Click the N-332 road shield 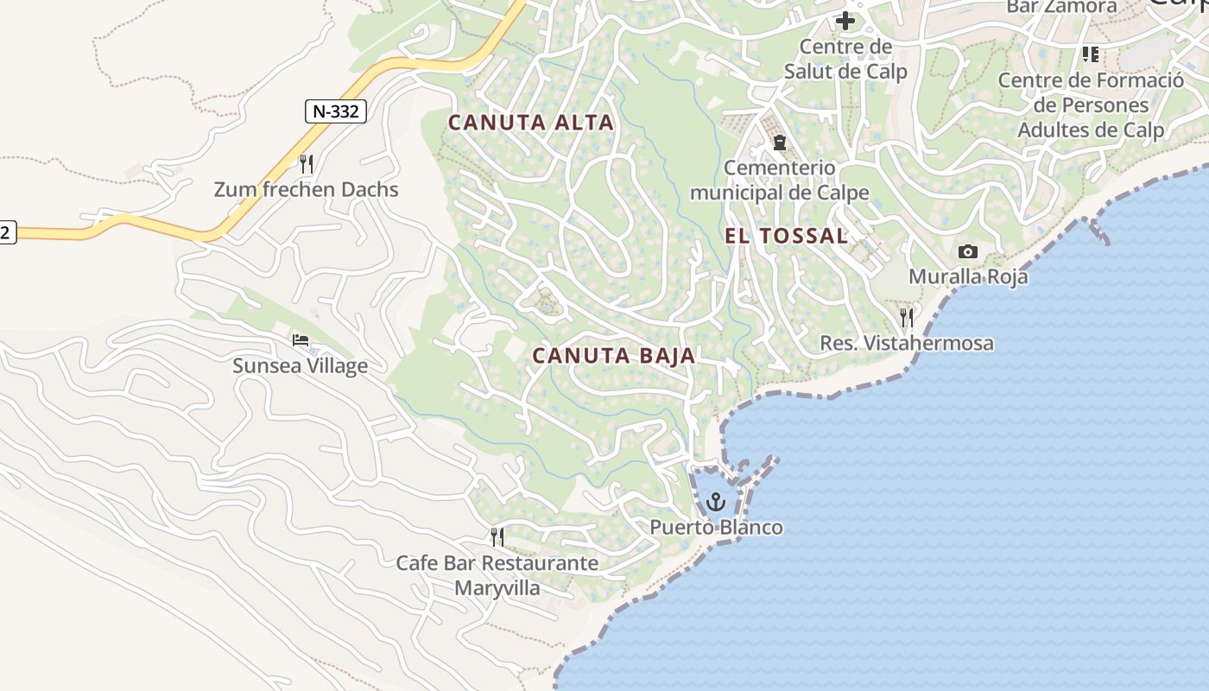tap(336, 111)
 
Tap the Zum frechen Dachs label tap(306, 189)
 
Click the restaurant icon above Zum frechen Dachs tap(306, 163)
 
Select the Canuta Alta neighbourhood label tap(531, 123)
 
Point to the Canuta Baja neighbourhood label tap(614, 356)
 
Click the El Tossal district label tap(786, 236)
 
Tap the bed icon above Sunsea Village tap(301, 340)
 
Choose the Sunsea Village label tap(300, 365)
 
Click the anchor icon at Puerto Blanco tap(716, 502)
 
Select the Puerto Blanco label tap(716, 527)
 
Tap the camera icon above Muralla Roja tap(968, 252)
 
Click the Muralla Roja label tap(968, 276)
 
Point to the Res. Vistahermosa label tap(906, 343)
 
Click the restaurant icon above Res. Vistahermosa tap(906, 318)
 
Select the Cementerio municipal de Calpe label tap(779, 180)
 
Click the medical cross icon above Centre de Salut tap(845, 21)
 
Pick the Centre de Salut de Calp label tap(845, 58)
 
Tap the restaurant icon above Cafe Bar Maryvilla tap(497, 537)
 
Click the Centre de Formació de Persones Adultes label tap(1091, 105)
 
